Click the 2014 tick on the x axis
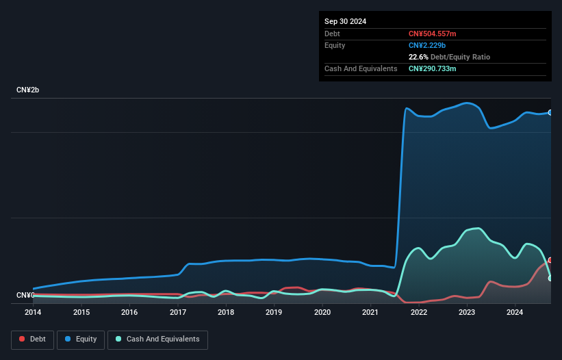tap(33, 312)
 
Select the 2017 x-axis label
tap(178, 312)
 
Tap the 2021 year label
tap(370, 312)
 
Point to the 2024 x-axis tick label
tap(515, 312)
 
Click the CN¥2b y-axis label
tap(28, 90)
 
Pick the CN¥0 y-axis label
tap(25, 296)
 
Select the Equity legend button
tap(81, 339)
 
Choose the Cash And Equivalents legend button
tap(157, 339)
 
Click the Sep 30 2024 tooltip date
tap(345, 21)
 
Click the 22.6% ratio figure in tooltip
tap(418, 57)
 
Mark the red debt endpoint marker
tap(550, 260)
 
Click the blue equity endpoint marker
tap(550, 112)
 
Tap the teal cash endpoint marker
tap(550, 278)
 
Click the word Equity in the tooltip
tap(335, 45)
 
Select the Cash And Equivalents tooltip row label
tap(361, 68)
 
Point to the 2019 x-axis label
tap(274, 312)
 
